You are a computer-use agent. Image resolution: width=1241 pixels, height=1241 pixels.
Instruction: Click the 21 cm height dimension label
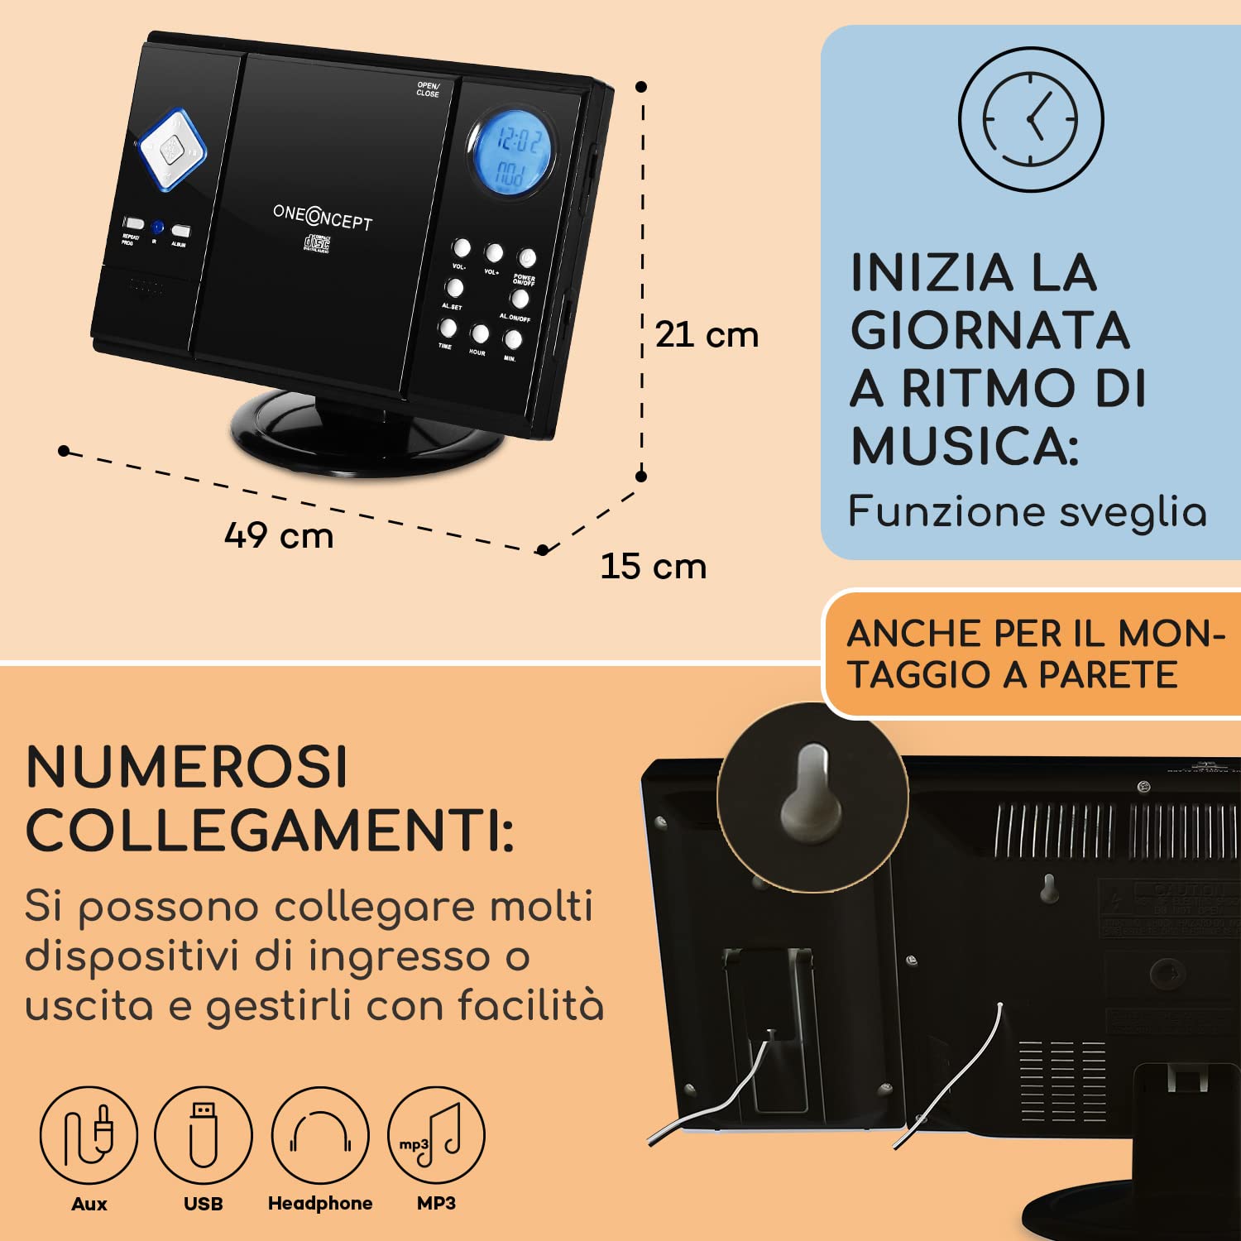707,335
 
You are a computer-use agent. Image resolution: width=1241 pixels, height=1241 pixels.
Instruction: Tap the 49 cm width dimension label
279,536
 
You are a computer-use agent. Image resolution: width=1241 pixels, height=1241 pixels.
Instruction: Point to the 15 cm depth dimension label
653,567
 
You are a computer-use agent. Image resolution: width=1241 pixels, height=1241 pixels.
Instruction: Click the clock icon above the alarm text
1031,120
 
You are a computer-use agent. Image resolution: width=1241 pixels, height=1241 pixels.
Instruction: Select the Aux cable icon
89,1134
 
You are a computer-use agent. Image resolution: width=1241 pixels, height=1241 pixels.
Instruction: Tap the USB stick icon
204,1134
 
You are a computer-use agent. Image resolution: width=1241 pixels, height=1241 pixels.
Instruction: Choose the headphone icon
320,1134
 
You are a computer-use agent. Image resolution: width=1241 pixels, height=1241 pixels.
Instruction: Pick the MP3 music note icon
436,1134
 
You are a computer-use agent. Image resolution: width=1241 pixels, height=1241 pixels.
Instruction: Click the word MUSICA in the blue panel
965,446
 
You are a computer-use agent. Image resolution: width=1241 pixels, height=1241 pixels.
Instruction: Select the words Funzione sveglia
1028,510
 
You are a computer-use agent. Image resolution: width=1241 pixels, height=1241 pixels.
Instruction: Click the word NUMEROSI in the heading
187,767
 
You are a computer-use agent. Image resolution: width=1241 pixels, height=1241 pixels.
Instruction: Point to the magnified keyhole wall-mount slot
811,794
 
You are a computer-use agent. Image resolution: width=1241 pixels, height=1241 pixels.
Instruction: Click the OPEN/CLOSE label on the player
428,89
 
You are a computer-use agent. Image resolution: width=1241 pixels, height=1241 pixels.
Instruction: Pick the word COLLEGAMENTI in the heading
270,830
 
